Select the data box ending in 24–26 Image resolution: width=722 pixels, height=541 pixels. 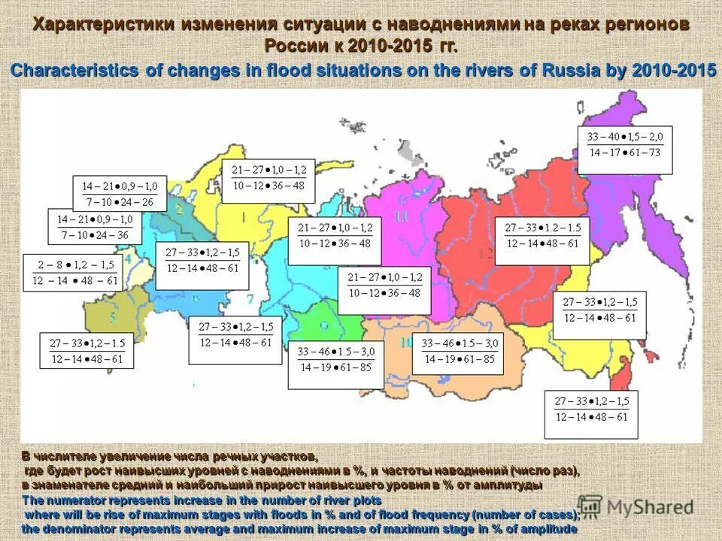click(x=120, y=193)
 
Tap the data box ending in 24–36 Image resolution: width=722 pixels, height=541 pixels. click(x=95, y=227)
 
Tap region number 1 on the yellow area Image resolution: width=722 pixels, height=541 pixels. click(x=243, y=218)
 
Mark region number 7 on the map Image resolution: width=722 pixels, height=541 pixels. click(x=250, y=298)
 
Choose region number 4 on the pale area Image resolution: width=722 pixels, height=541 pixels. click(x=129, y=260)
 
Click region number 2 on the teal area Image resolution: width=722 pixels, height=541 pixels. click(x=179, y=208)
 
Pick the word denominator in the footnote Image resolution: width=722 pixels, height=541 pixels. click(x=80, y=529)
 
